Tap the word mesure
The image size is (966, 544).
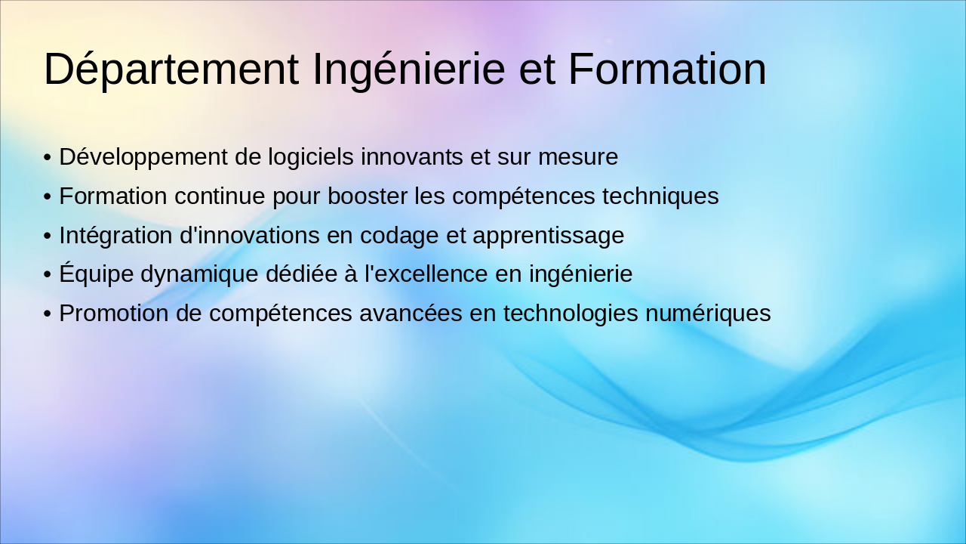click(x=578, y=157)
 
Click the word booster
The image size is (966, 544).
click(x=368, y=196)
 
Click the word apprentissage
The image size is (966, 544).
click(x=549, y=236)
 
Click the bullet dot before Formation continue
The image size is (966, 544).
click(x=48, y=197)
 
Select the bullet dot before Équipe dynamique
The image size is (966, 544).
click(x=48, y=275)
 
